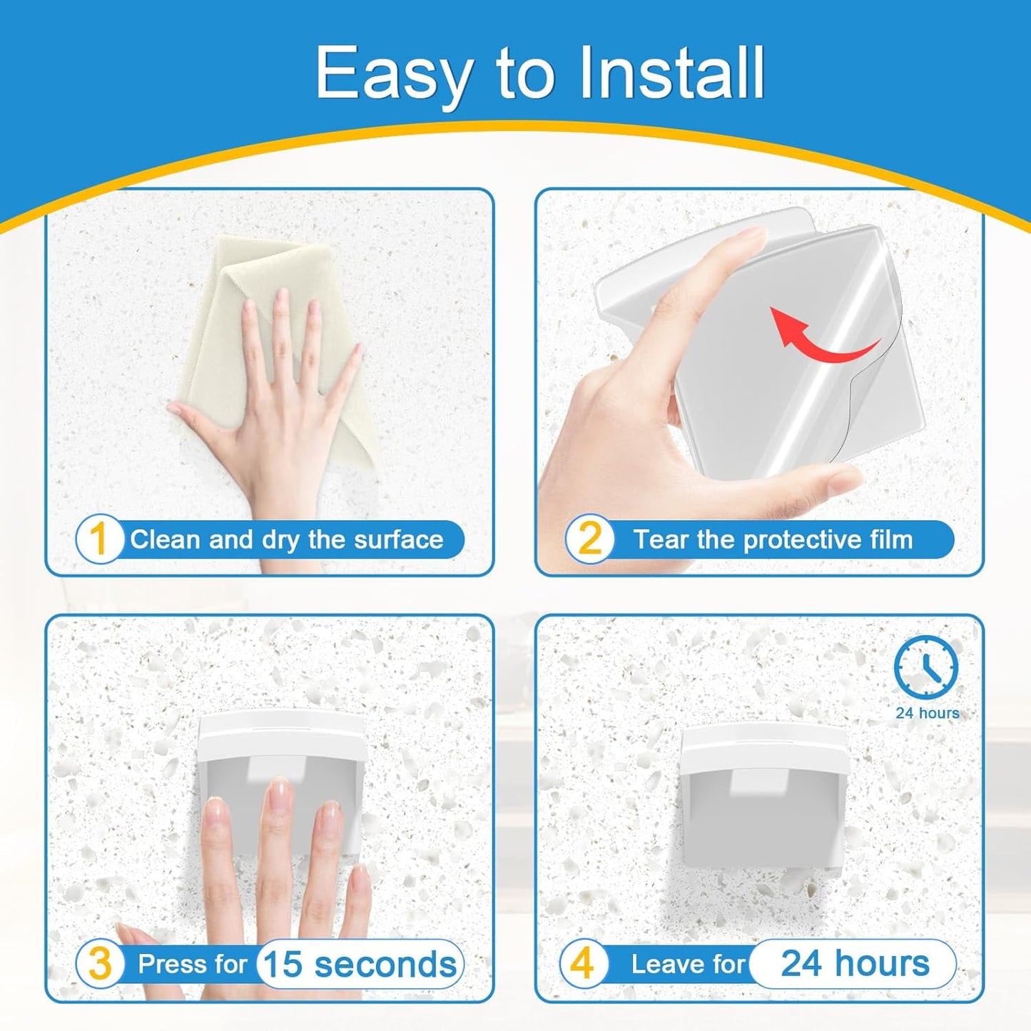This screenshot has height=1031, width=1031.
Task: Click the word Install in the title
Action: click(671, 73)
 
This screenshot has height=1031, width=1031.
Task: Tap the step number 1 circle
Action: click(99, 539)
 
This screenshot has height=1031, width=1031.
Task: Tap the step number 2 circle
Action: click(589, 539)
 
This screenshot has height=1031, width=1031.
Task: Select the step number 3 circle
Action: click(100, 963)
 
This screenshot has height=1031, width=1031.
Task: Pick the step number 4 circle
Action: click(583, 963)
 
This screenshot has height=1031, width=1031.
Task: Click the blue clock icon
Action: click(925, 667)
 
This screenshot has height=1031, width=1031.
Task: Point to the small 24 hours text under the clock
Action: click(927, 713)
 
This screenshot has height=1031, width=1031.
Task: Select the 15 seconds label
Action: click(360, 965)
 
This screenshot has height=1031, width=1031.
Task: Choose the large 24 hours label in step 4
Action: click(855, 963)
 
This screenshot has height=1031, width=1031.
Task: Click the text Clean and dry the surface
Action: click(286, 539)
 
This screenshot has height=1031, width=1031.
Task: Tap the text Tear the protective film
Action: click(773, 539)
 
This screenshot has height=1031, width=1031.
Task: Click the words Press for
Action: click(192, 964)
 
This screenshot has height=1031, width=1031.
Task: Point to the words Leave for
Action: click(688, 964)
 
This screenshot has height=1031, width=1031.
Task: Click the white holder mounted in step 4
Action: click(763, 792)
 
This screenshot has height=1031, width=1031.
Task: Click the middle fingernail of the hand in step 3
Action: click(280, 791)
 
